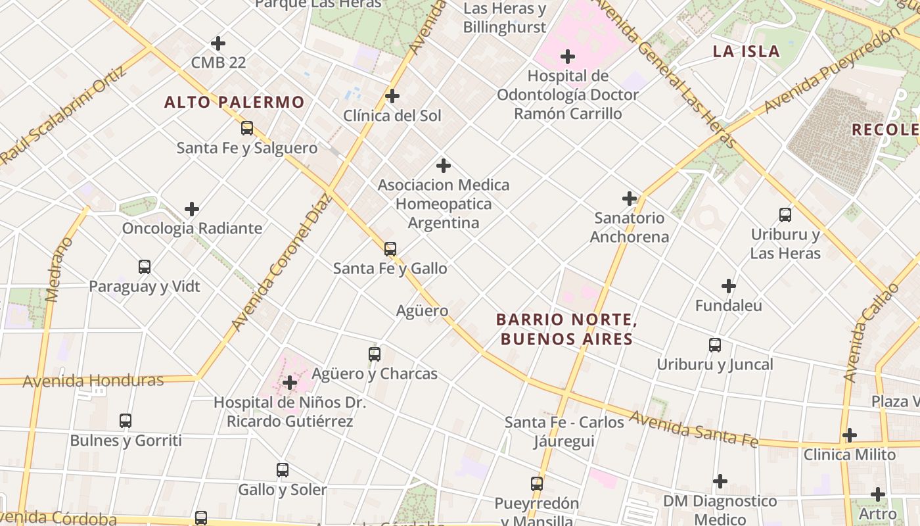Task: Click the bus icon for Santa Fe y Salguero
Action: coord(247,128)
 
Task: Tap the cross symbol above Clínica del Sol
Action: coord(392,96)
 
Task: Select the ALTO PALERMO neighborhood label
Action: coord(234,103)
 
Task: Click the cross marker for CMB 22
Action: coord(218,43)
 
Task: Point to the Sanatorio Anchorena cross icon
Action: coord(630,198)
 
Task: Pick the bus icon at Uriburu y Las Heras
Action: coord(785,214)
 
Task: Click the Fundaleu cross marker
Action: coord(728,286)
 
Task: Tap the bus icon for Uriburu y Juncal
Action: coord(715,345)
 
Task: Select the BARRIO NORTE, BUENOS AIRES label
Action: coord(566,329)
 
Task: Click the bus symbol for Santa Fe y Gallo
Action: coord(390,249)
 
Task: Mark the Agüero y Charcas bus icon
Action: coord(375,354)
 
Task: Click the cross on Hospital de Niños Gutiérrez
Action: coord(290,382)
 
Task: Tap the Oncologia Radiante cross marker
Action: coord(192,209)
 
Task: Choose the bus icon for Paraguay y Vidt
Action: coord(145,267)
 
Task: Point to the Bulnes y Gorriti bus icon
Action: coord(126,420)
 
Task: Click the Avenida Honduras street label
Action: coord(93,381)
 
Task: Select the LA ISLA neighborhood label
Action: coord(747,51)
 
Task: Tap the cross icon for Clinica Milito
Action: coord(850,435)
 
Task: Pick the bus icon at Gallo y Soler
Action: coord(283,470)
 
